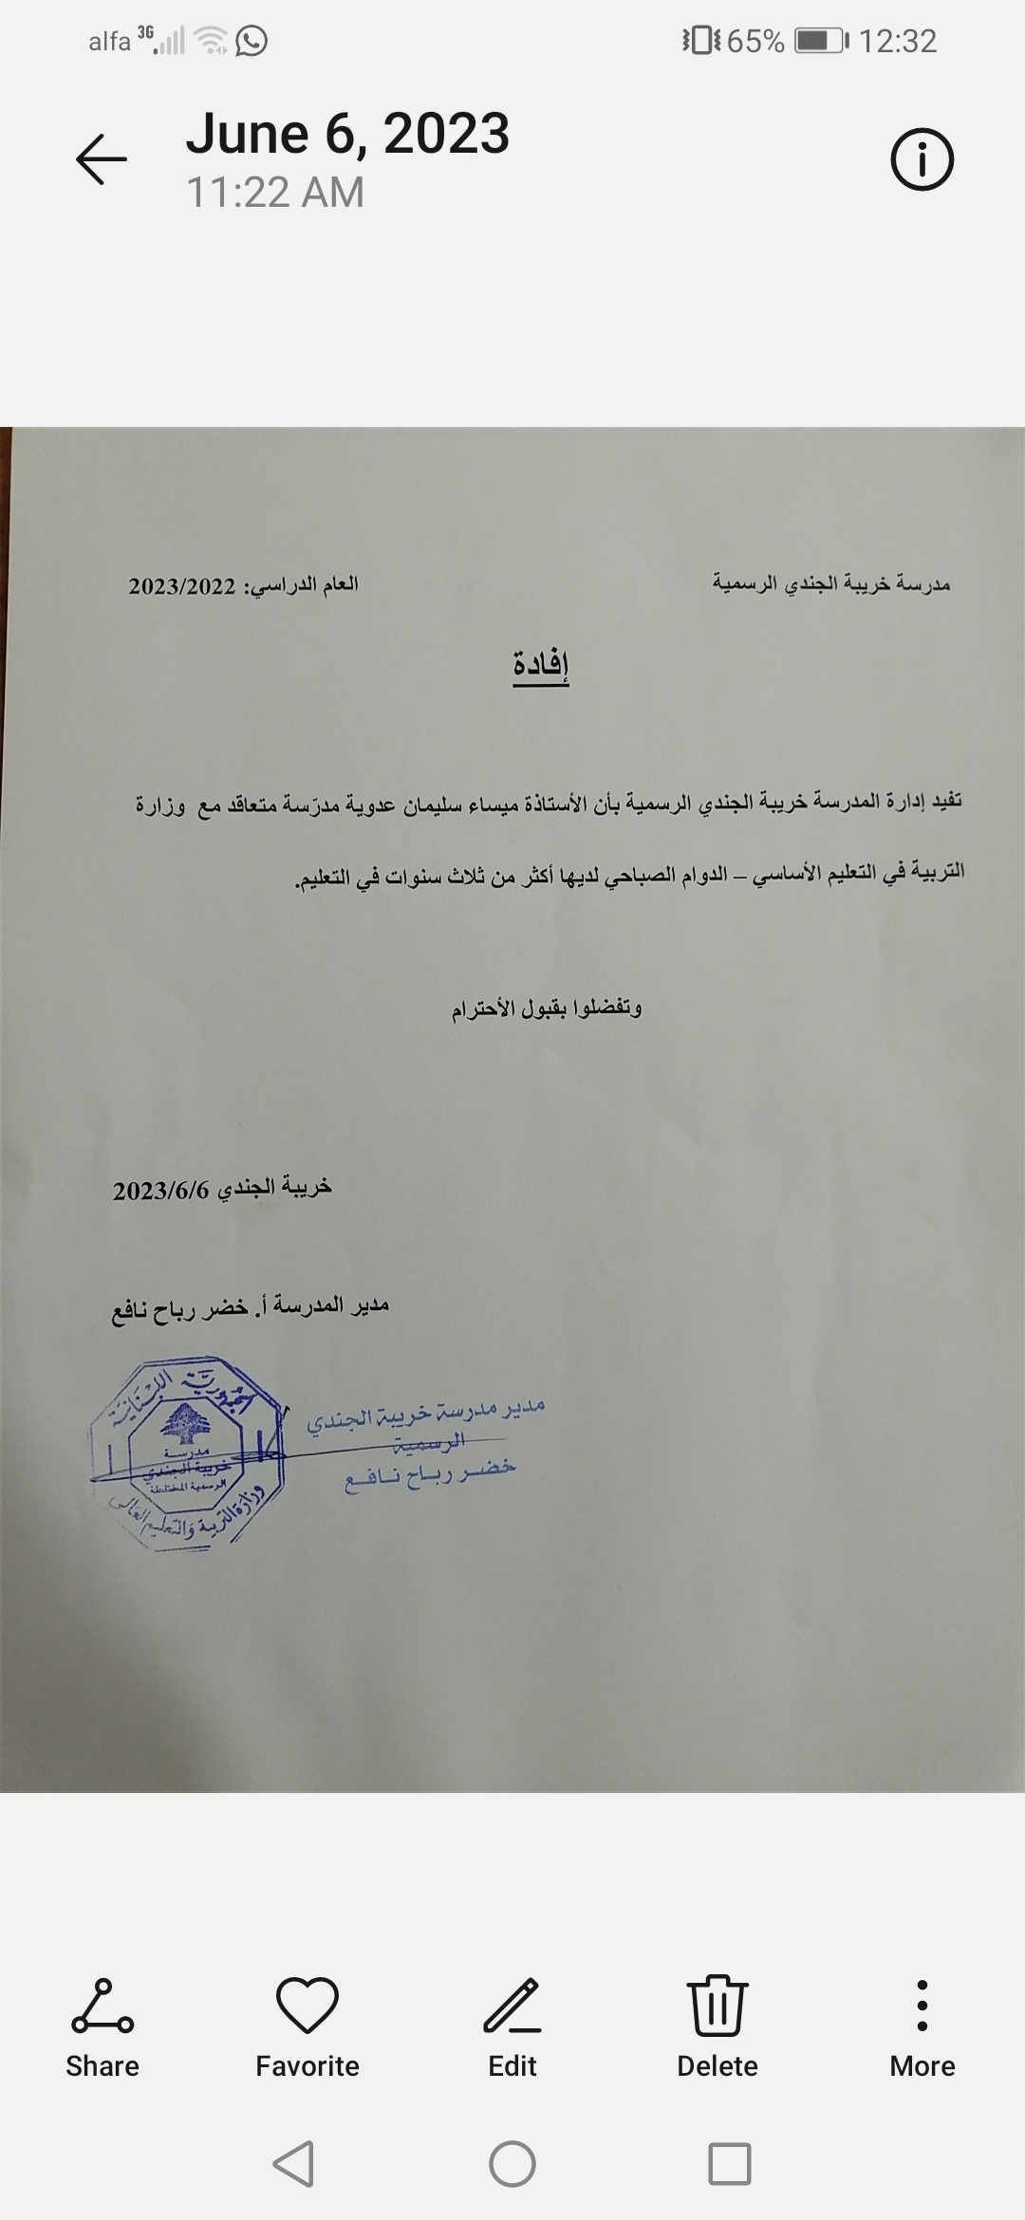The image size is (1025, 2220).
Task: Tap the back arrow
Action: [102, 158]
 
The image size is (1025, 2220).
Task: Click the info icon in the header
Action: [922, 159]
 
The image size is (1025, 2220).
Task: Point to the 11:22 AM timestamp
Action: [275, 193]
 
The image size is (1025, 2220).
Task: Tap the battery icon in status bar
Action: [820, 41]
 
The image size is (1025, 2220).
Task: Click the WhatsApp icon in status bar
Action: [252, 41]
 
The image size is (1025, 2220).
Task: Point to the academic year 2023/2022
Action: [182, 586]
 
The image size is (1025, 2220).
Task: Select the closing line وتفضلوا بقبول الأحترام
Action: [547, 1008]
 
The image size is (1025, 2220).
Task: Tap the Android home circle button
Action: [512, 2165]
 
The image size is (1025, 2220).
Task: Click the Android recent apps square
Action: [730, 2165]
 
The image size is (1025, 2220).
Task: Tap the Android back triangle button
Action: [294, 2165]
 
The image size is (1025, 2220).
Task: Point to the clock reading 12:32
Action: [898, 41]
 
